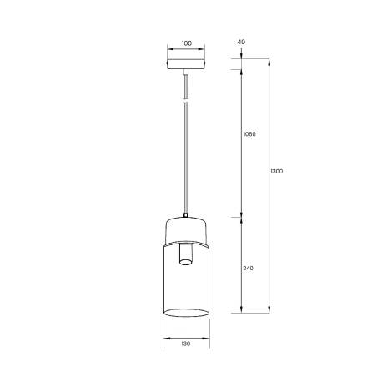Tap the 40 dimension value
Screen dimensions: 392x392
241,42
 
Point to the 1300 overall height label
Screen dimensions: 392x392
277,173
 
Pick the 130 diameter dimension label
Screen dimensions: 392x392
185,344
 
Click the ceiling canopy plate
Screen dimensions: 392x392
185,64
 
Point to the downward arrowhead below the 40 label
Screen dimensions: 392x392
241,56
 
